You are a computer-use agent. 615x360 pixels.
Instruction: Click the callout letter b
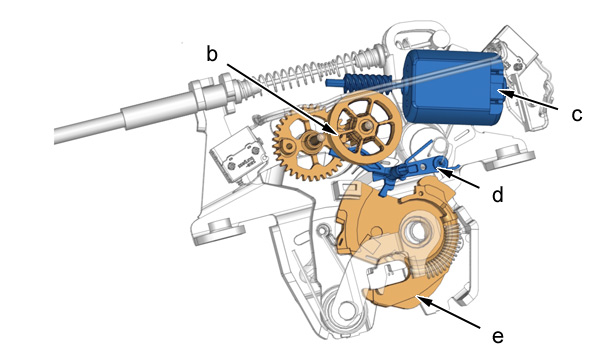point(212,54)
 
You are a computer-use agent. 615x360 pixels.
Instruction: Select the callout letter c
point(577,115)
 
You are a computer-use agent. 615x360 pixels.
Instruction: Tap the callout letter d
point(498,194)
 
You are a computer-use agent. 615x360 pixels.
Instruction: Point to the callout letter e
point(498,336)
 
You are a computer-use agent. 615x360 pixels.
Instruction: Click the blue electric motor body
point(451,87)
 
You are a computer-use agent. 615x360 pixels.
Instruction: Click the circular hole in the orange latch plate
point(418,232)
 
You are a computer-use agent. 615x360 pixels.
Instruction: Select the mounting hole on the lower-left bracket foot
point(218,226)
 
